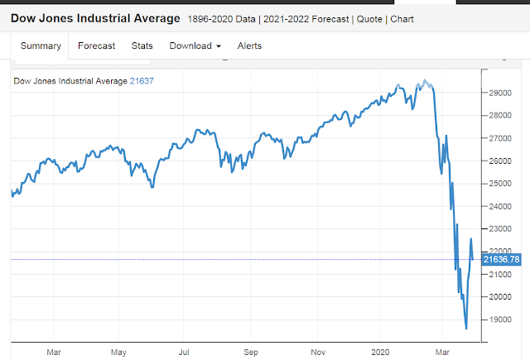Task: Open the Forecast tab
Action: pyautogui.click(x=96, y=46)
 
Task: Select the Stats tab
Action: pyautogui.click(x=142, y=46)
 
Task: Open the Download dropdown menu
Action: pyautogui.click(x=195, y=46)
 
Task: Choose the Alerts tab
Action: pyautogui.click(x=249, y=46)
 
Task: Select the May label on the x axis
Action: pyautogui.click(x=118, y=352)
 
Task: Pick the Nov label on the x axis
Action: pyautogui.click(x=318, y=352)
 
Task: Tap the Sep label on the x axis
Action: pyautogui.click(x=252, y=352)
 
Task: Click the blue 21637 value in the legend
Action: pyautogui.click(x=142, y=80)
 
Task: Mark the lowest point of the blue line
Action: pyautogui.click(x=465, y=329)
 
